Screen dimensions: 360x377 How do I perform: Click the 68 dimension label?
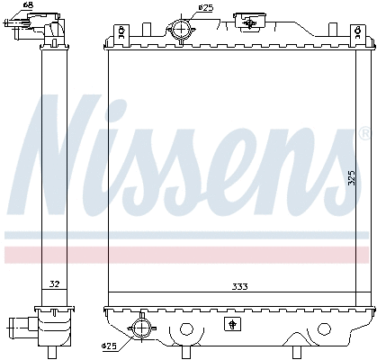coord(28,6)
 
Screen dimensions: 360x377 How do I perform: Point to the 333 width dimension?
coord(239,286)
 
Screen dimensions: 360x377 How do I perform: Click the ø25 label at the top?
coord(206,8)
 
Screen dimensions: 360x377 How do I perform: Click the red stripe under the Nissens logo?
coord(189,254)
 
